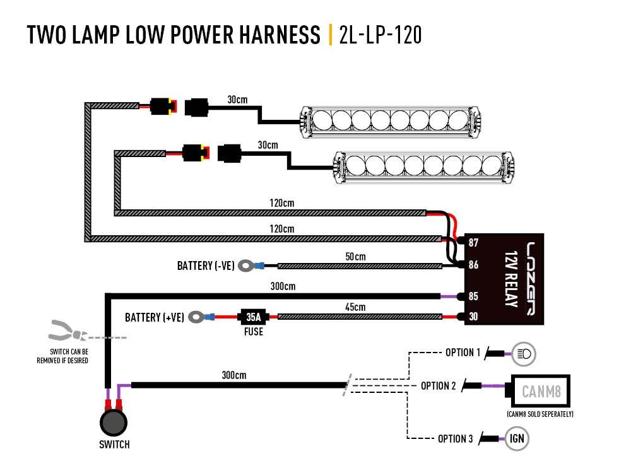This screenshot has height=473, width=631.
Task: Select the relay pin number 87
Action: [x=473, y=243]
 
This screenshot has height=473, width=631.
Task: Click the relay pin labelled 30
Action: [x=473, y=317]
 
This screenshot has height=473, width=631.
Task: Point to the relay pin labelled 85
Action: [x=473, y=296]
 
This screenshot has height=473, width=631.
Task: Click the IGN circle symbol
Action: [x=517, y=439]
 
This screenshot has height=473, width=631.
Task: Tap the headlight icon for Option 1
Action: [x=524, y=354]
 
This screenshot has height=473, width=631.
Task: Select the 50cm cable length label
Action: [x=355, y=257]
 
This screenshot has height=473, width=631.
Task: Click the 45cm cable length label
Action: [x=356, y=307]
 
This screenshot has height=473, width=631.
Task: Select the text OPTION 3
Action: [x=455, y=439]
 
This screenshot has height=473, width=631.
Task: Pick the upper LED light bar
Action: [x=393, y=121]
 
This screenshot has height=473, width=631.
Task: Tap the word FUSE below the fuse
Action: [x=253, y=331]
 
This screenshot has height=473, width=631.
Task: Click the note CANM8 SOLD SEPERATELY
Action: [x=540, y=414]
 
